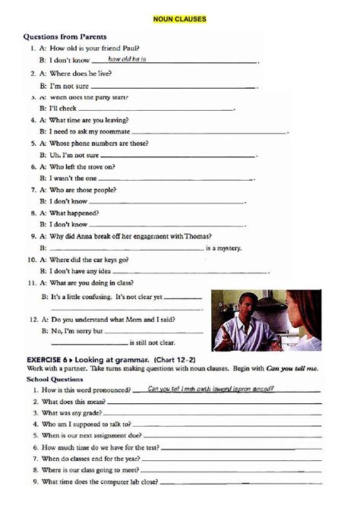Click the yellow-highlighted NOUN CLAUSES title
pyautogui.click(x=180, y=19)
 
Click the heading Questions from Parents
pyautogui.click(x=65, y=36)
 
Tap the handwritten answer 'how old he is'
pyautogui.click(x=127, y=58)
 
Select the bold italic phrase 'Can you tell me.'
pyautogui.click(x=292, y=368)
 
